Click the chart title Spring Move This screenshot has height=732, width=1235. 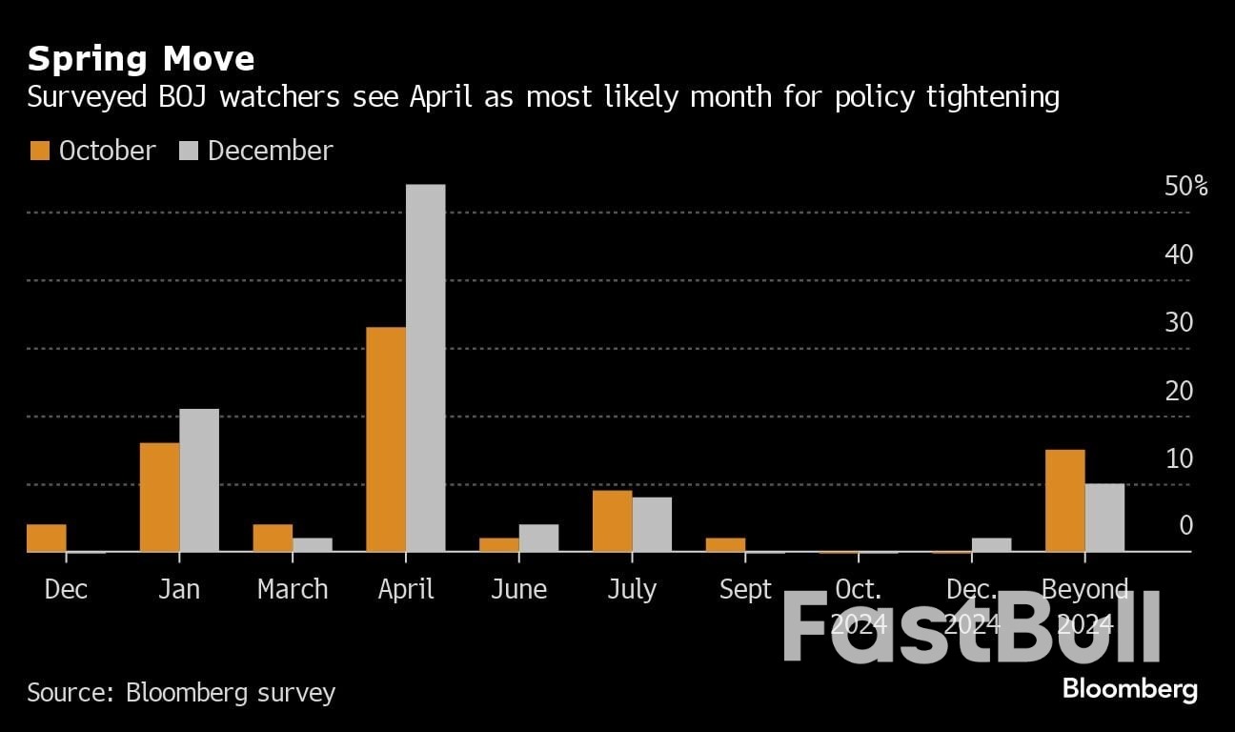point(141,59)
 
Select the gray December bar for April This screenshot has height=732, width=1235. point(425,368)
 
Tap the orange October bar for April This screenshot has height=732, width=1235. point(386,439)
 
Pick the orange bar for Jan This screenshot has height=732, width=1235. point(159,497)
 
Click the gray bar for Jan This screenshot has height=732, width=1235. point(199,480)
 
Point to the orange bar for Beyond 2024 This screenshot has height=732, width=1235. point(1064,500)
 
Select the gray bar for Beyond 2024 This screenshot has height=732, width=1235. point(1104,518)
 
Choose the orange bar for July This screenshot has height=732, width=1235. point(612,520)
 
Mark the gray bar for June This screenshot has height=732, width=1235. point(538,538)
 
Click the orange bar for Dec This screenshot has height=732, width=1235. point(47,538)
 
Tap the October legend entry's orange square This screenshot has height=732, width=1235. point(39,151)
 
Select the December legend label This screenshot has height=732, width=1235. point(270,151)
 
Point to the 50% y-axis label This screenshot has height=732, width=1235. point(1185,186)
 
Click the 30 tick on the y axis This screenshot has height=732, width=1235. point(1179,322)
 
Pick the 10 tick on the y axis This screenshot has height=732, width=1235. point(1179,458)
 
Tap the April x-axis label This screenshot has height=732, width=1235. point(406,590)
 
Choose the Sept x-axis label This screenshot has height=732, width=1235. point(745,590)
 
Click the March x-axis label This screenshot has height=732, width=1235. point(293,590)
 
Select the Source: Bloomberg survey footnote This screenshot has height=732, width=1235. point(181,691)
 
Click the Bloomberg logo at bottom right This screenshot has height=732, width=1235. point(1129,688)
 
